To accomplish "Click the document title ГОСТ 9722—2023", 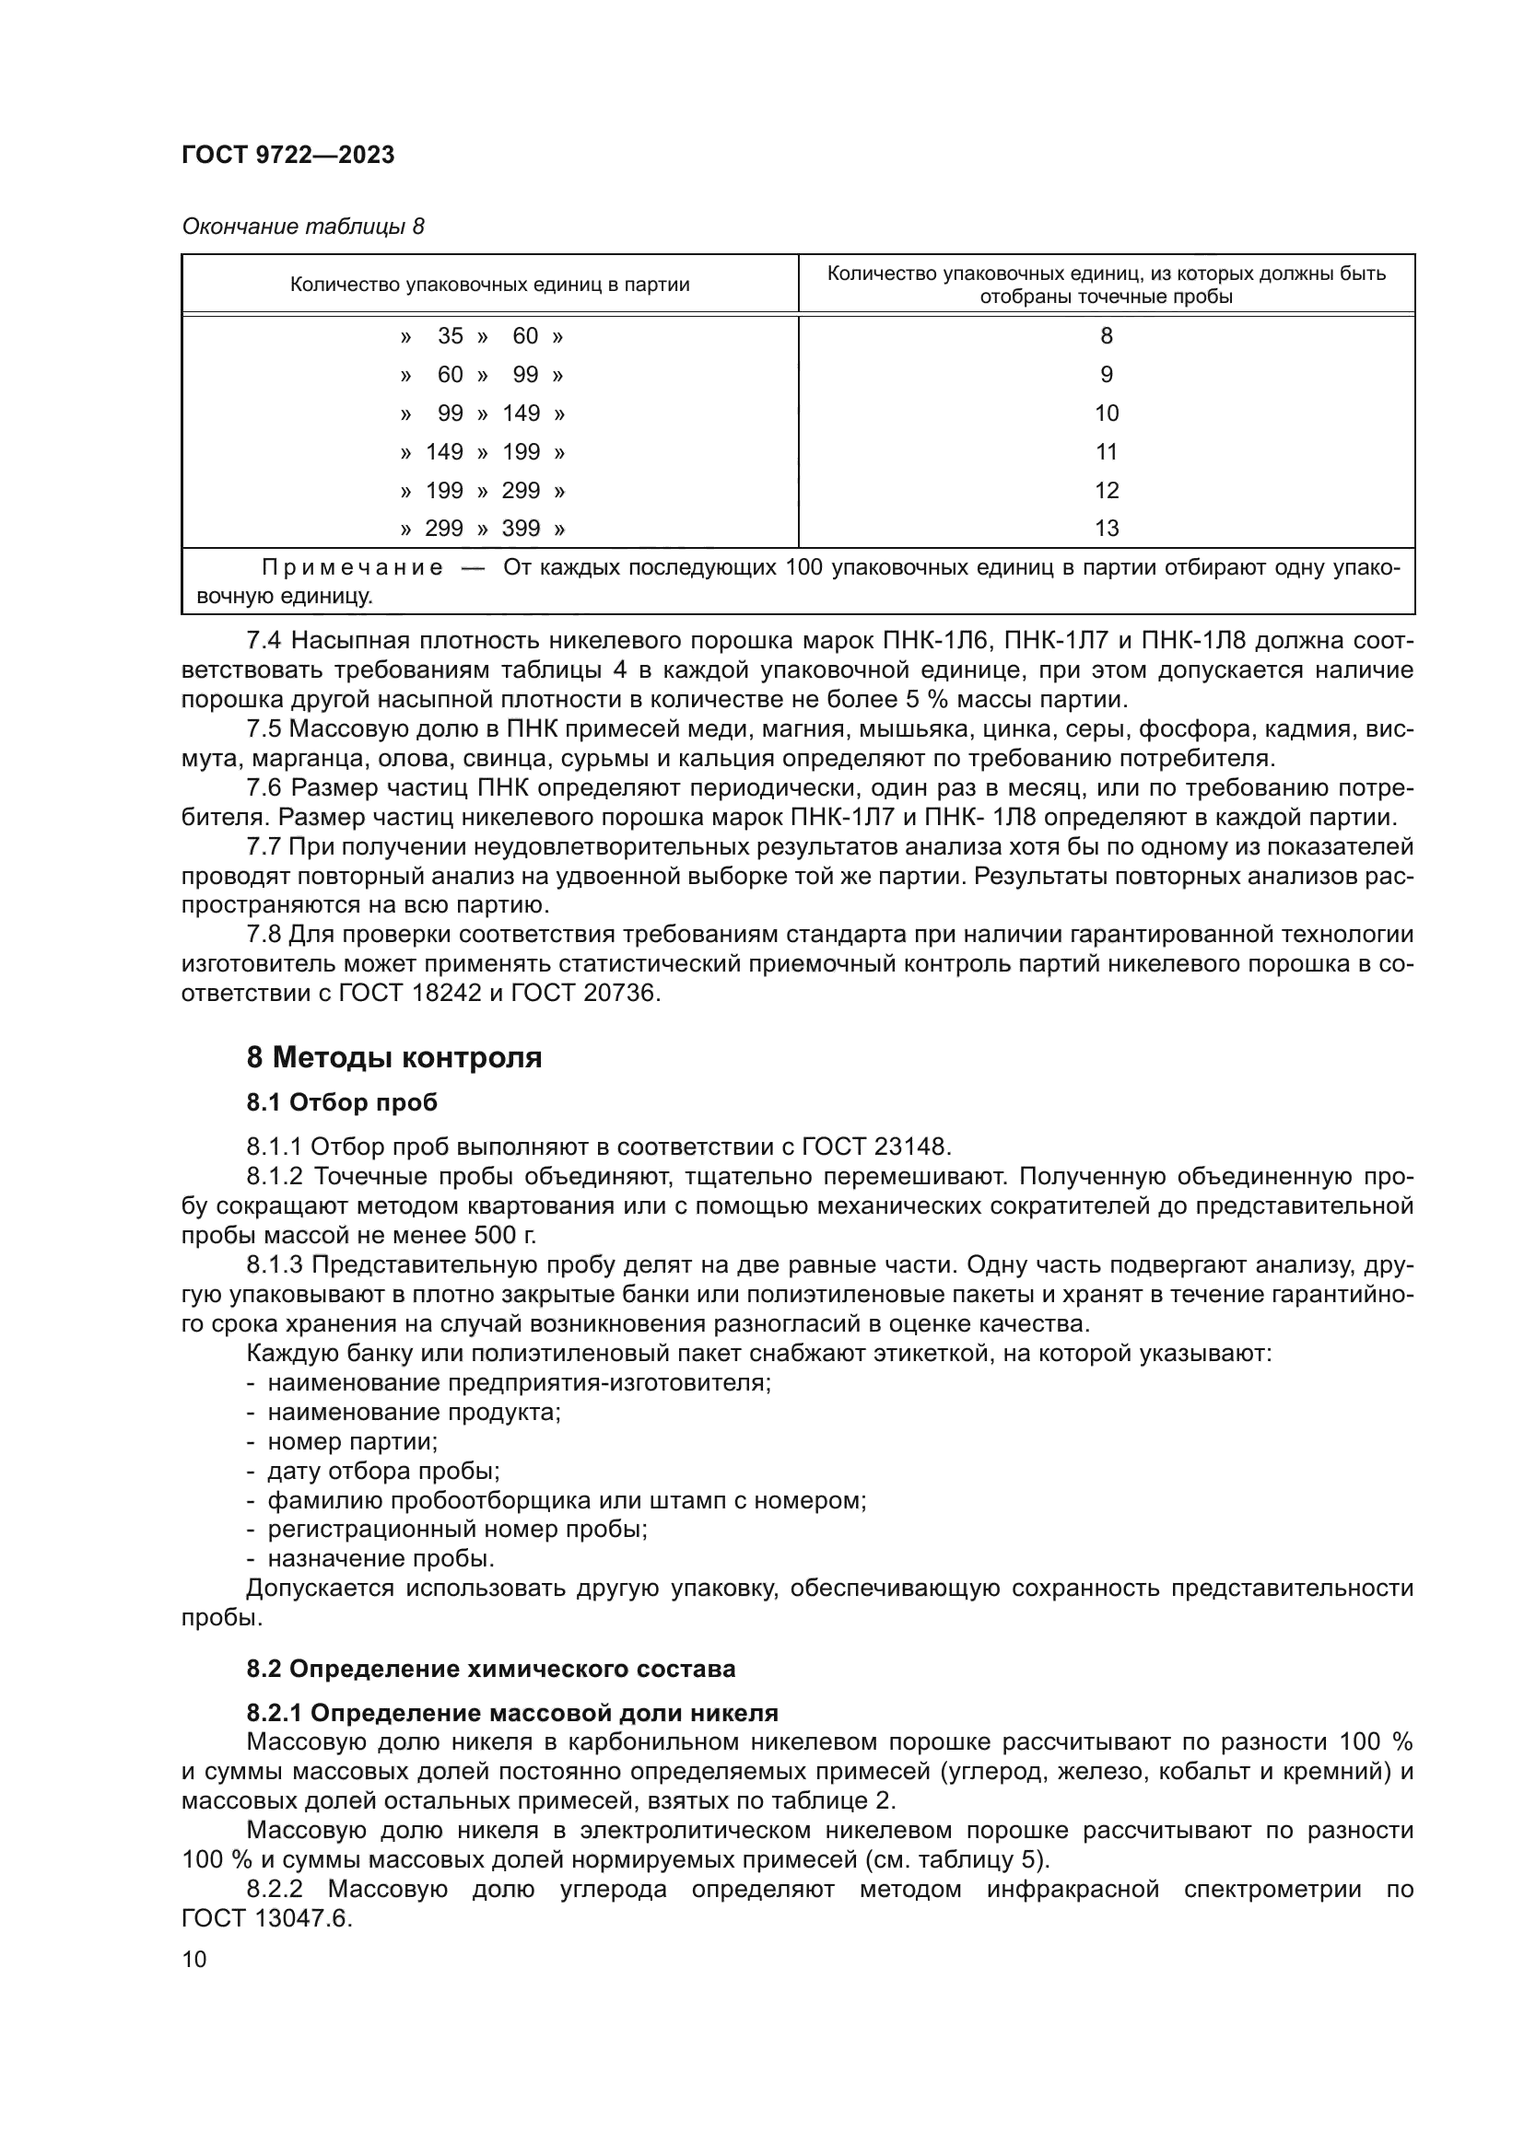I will tap(288, 156).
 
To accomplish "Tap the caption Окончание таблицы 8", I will tap(303, 227).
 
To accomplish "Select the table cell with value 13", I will tap(1107, 530).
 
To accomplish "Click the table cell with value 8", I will tap(1107, 336).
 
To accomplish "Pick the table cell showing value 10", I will tap(1107, 413).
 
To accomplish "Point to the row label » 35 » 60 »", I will tap(481, 336).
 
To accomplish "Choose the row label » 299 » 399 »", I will tap(481, 530).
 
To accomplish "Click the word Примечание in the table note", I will tap(352, 567).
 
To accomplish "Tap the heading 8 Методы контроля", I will tap(394, 1058).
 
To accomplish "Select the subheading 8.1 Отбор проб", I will tap(342, 1102).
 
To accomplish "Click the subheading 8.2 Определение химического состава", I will tap(491, 1669).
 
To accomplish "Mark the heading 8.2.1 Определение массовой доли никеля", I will tap(512, 1713).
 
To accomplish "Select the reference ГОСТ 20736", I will tap(585, 993).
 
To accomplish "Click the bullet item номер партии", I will tap(353, 1441).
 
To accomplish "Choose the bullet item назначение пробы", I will tap(381, 1559).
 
